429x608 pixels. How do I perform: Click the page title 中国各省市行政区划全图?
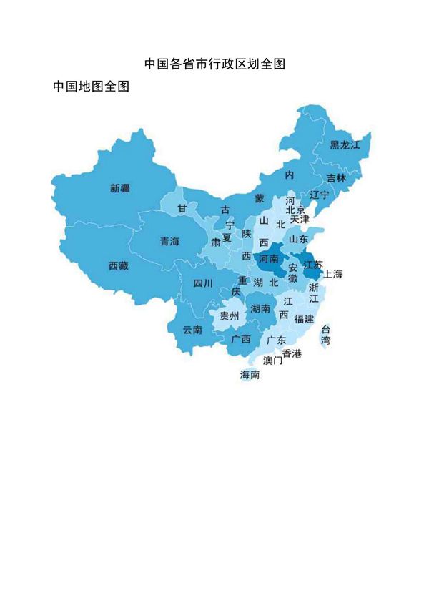point(214,64)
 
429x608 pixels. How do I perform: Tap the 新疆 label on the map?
point(120,189)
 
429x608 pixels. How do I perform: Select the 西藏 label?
point(118,266)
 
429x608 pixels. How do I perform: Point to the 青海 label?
point(169,241)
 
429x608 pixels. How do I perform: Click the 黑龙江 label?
point(345,145)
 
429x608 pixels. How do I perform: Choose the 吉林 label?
point(336,178)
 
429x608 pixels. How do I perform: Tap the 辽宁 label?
point(320,195)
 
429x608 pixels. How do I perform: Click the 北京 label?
point(295,210)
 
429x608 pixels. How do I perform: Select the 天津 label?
point(300,220)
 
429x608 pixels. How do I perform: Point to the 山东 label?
point(298,239)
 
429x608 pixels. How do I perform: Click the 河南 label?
point(269,258)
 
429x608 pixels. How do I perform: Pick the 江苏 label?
point(313,264)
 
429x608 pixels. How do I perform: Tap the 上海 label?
point(333,274)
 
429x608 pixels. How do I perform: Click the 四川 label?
point(203,283)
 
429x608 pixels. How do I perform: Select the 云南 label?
point(192,330)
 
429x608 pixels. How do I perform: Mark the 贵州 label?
point(230,315)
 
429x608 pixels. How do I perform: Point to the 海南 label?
point(250,374)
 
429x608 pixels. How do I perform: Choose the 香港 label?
point(292,353)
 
